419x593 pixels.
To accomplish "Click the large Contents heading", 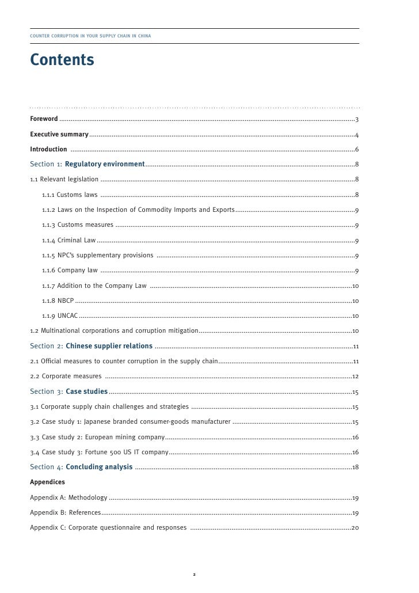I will point(62,60).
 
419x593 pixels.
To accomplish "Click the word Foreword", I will point(44,119).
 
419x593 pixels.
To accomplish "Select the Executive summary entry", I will point(59,135).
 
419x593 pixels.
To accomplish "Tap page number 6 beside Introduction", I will point(357,150).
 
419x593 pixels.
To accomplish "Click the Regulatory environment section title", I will point(105,165).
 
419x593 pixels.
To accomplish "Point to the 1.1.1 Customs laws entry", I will point(70,195).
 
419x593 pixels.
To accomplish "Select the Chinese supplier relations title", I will point(109,346).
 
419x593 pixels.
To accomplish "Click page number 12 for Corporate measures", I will point(356,377).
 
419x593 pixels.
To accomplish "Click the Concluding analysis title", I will point(99,467).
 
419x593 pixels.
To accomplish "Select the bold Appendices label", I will point(47,482).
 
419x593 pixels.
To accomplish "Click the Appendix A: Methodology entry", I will point(68,497).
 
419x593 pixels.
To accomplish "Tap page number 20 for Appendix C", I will point(356,527).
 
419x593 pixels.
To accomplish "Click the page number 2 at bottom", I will point(195,574).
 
